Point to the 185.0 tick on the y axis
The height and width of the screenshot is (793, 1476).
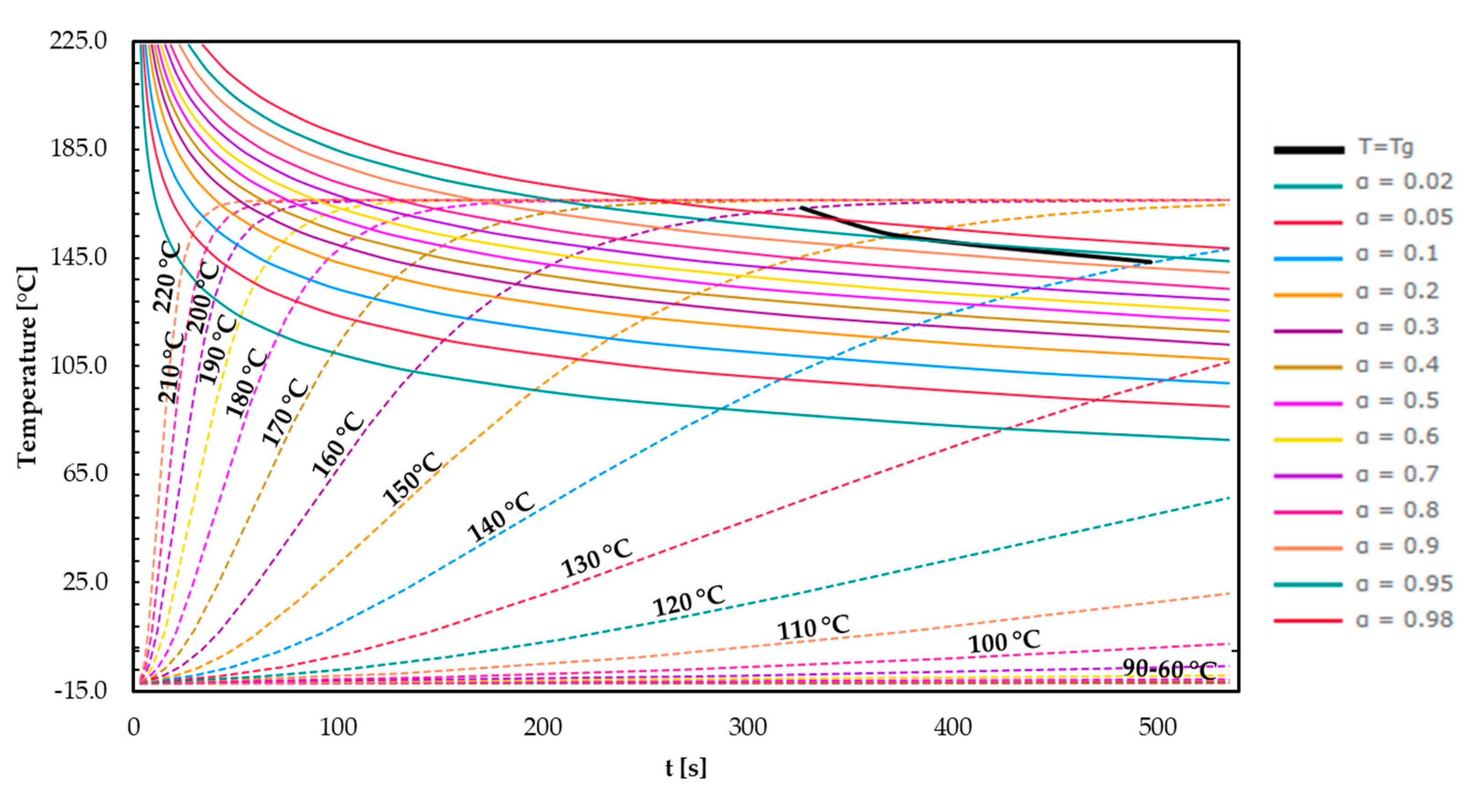79,148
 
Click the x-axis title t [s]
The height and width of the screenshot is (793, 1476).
686,768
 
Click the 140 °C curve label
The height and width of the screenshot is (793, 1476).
501,517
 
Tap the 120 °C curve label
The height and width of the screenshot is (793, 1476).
689,600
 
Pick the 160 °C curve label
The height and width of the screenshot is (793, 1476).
338,444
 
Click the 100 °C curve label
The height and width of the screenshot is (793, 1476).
1004,641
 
